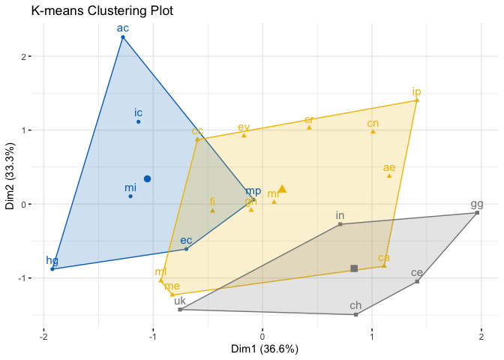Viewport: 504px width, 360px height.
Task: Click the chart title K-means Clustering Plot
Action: point(103,12)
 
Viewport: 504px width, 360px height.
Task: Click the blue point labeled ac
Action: point(123,37)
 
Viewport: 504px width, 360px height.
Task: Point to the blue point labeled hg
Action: point(52,268)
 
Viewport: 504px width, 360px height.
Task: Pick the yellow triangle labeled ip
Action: point(416,100)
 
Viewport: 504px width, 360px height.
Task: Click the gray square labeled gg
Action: point(477,213)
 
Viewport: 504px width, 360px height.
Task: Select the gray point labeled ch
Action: point(355,314)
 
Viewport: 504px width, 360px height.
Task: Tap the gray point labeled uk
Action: point(180,309)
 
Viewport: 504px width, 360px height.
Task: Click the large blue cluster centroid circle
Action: point(148,178)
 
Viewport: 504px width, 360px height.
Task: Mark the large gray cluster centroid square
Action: point(354,268)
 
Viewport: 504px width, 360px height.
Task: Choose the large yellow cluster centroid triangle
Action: point(282,189)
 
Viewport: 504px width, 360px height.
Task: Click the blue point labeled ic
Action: point(139,121)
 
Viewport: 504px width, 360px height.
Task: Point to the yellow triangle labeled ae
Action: point(389,175)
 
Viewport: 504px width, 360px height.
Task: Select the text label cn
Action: point(373,123)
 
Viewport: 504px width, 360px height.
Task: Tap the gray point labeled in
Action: point(340,224)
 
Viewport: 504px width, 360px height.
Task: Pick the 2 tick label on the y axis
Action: point(24,56)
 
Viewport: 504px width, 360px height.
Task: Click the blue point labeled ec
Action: point(186,248)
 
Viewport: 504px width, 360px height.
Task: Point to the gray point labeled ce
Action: point(417,281)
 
